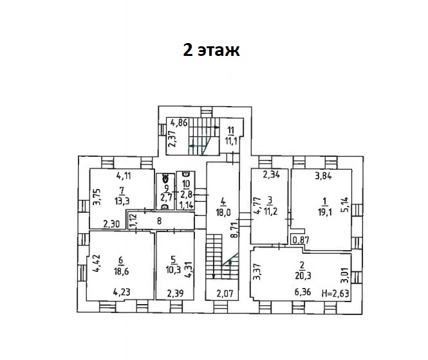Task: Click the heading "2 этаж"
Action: [x=211, y=50]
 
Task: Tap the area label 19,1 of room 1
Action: [x=325, y=212]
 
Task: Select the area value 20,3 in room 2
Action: [x=303, y=276]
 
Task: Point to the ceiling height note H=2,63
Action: [x=335, y=293]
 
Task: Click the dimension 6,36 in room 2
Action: [x=302, y=292]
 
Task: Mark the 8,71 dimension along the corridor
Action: [x=235, y=230]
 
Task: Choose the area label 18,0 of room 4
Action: [x=223, y=212]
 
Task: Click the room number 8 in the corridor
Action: [x=160, y=221]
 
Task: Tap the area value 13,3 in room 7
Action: [x=122, y=201]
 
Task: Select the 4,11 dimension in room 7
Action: [x=124, y=176]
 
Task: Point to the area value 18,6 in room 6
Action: [x=122, y=271]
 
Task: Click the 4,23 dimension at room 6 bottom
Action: [x=122, y=292]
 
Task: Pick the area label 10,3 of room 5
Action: [x=173, y=270]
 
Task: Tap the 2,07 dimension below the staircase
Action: [x=225, y=293]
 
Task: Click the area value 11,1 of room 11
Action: [x=231, y=141]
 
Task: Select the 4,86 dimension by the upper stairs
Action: [x=179, y=123]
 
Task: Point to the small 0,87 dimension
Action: [x=301, y=240]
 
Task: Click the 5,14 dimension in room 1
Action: [x=345, y=205]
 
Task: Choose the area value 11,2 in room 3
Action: [x=270, y=212]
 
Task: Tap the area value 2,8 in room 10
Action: [x=187, y=195]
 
